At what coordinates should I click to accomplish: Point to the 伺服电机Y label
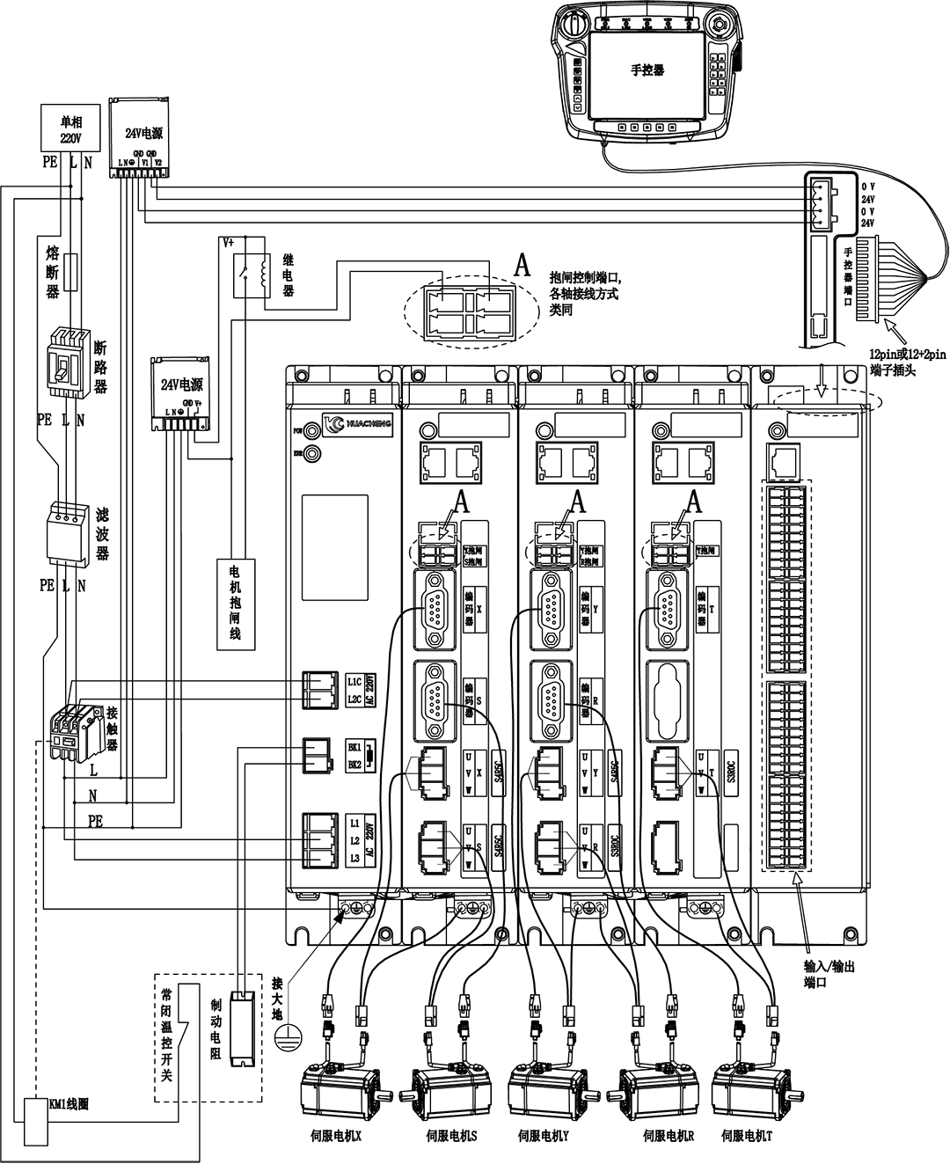tap(543, 1136)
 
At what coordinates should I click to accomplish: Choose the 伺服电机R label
tap(669, 1136)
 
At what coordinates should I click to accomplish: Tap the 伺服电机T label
tap(745, 1136)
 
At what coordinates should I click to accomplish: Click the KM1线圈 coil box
tap(37, 1121)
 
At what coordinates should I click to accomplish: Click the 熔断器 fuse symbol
tap(74, 267)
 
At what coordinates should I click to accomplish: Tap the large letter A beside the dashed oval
tap(522, 266)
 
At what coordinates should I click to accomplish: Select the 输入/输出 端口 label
tap(829, 973)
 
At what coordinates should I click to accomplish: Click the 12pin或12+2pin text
tap(906, 354)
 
